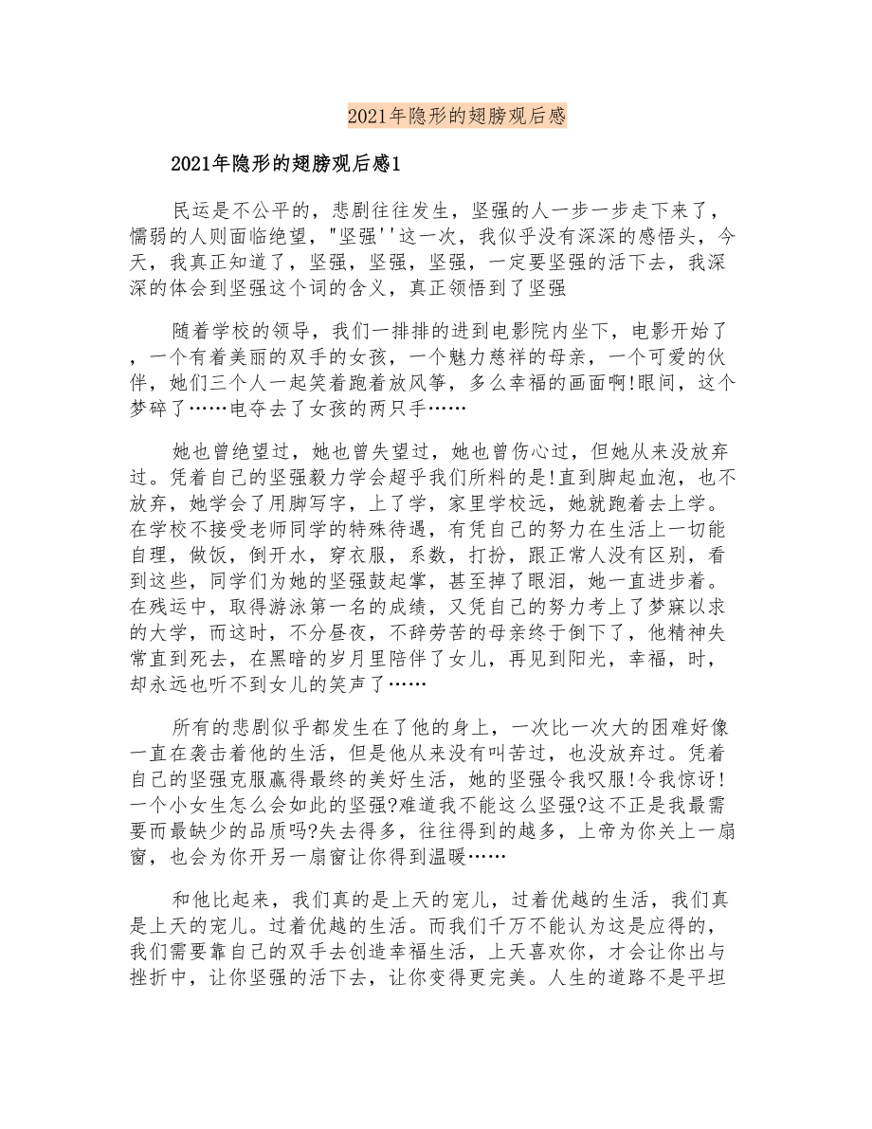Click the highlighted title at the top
[x=456, y=117]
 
